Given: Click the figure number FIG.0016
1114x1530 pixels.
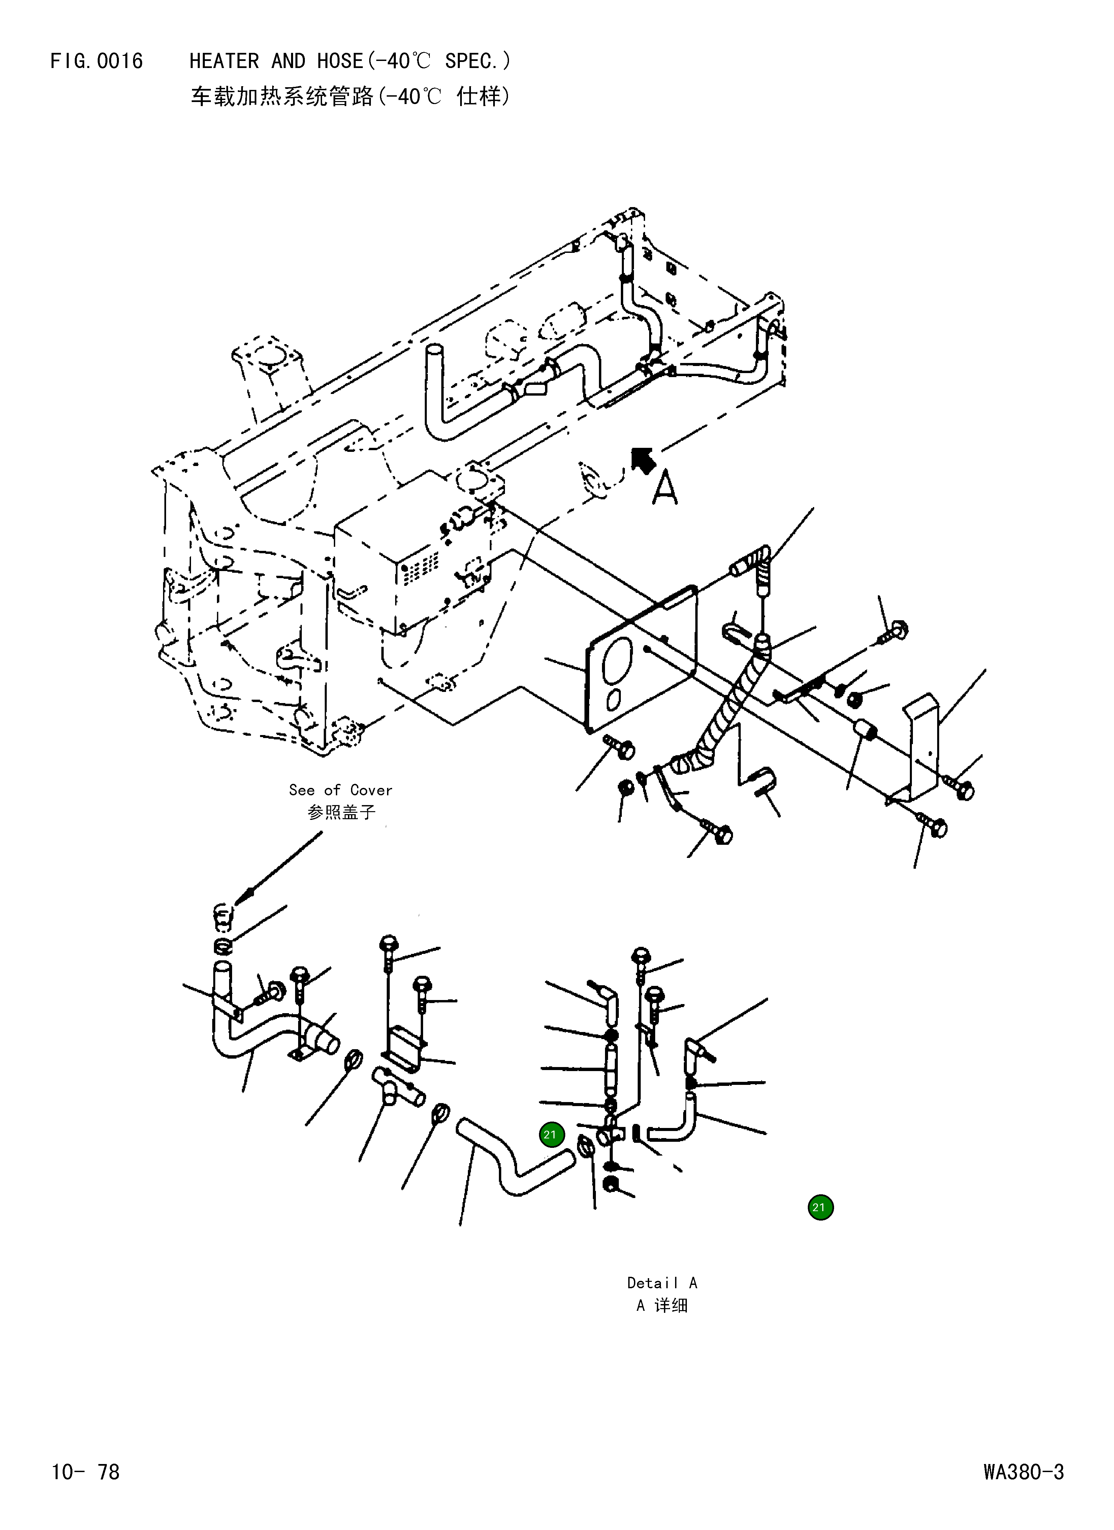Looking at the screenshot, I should click(x=96, y=61).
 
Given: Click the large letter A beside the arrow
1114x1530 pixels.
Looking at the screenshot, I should click(x=665, y=489).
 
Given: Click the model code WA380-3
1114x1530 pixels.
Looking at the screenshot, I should click(x=1023, y=1471).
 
